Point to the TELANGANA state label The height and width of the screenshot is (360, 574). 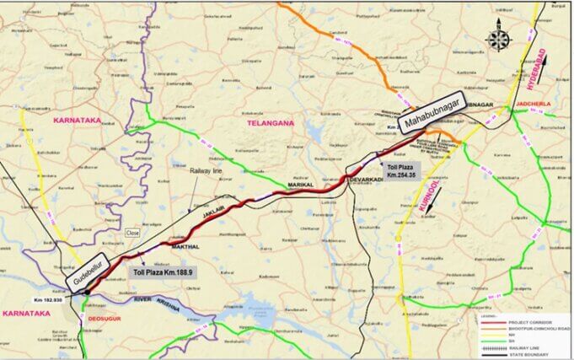[270, 123]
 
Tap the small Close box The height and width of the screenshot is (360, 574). [132, 232]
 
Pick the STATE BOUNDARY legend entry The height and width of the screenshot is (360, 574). [528, 352]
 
